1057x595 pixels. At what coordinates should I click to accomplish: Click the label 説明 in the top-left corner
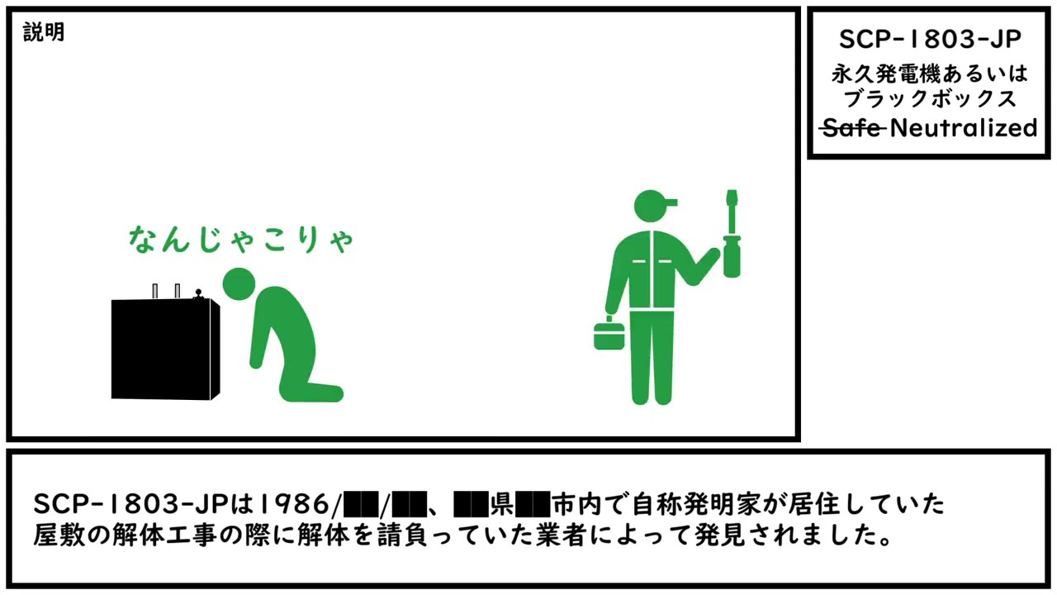point(44,33)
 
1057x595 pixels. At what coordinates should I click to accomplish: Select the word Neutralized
point(964,128)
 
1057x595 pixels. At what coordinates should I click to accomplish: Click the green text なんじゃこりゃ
point(241,239)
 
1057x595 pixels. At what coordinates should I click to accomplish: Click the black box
point(165,349)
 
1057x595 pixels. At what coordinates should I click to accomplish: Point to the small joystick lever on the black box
point(198,293)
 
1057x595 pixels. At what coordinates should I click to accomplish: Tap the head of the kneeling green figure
point(239,283)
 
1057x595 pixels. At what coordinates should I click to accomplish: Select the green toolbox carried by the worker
point(611,335)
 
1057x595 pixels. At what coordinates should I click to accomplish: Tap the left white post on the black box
point(155,290)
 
